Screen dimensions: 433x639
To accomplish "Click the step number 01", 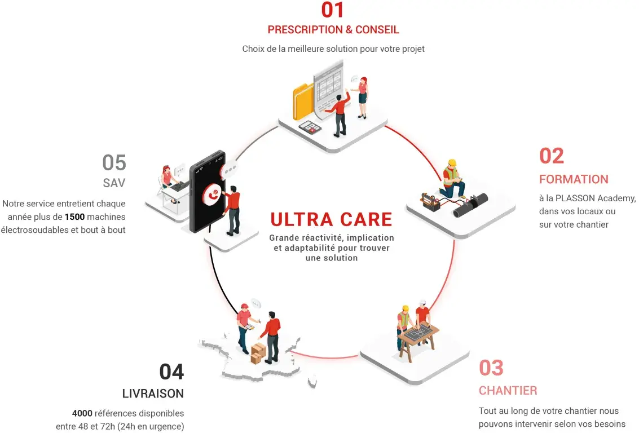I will pyautogui.click(x=332, y=10).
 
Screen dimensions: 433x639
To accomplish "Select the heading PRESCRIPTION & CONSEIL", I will pyautogui.click(x=333, y=30).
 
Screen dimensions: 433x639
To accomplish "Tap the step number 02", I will pyautogui.click(x=551, y=156).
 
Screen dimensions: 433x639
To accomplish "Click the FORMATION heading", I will pyautogui.click(x=574, y=179).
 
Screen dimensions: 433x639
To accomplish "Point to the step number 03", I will pyautogui.click(x=491, y=368).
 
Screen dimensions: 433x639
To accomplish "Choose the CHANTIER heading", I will pyautogui.click(x=508, y=390).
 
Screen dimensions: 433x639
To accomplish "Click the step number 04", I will pyautogui.click(x=171, y=372).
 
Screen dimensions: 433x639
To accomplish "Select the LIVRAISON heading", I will pyautogui.click(x=153, y=394).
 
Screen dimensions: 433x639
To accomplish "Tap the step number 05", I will pyautogui.click(x=114, y=163).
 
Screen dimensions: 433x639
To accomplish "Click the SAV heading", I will pyautogui.click(x=114, y=183).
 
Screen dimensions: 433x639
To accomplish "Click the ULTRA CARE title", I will pyautogui.click(x=331, y=219).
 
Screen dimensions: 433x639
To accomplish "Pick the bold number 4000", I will pyautogui.click(x=82, y=413).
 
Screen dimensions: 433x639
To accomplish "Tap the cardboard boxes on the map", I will pyautogui.click(x=258, y=353).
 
